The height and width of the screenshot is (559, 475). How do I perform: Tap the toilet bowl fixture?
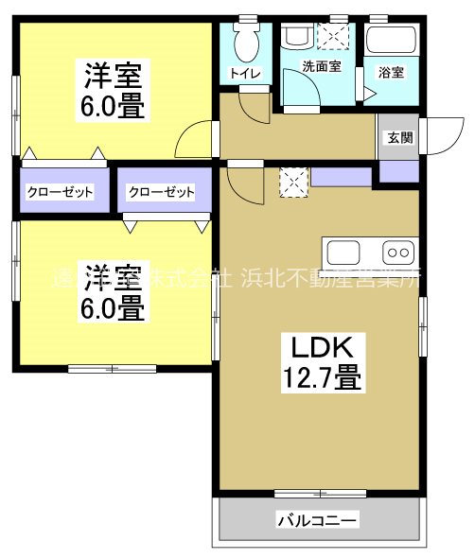click(247, 38)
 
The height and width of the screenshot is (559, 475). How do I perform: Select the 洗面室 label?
click(320, 67)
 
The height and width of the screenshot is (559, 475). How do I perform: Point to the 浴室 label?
click(391, 73)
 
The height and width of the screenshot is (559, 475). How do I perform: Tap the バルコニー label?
click(317, 520)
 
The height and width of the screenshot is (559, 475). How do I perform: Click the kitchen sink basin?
click(343, 253)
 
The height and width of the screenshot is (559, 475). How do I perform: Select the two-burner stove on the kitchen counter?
click(397, 253)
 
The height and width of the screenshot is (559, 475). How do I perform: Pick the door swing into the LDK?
click(243, 181)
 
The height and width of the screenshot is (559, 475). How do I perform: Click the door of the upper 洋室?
click(193, 142)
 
